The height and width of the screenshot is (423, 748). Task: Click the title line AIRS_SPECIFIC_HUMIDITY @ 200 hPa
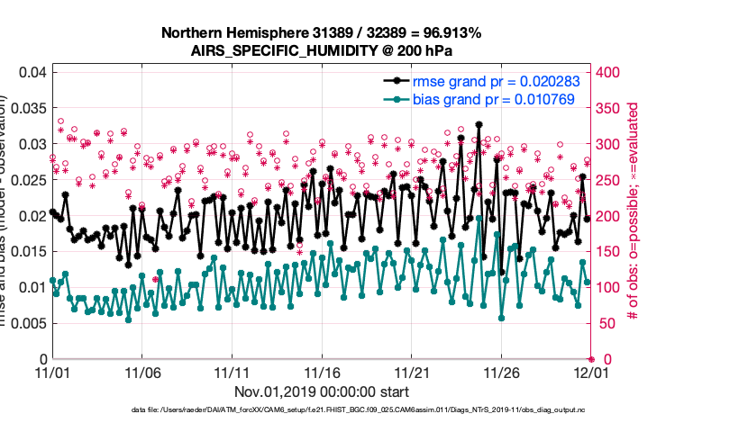(x=321, y=51)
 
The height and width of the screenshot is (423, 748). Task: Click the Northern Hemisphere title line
(x=321, y=33)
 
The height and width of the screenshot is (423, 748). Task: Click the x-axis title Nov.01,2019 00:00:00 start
(x=322, y=391)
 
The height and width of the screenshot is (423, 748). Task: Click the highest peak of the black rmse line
(x=479, y=124)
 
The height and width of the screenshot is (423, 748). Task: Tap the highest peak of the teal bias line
(x=479, y=218)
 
